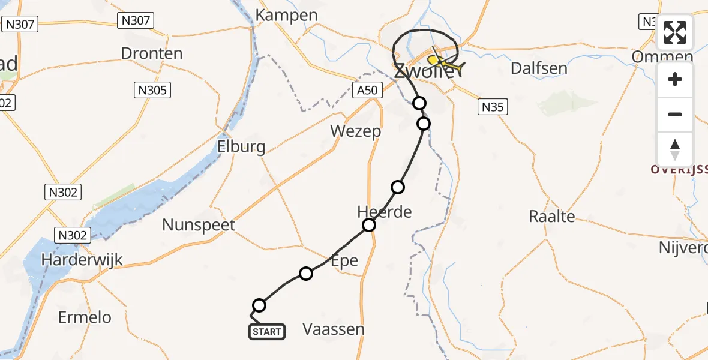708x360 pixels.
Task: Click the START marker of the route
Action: tap(267, 332)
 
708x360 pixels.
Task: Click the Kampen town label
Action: tap(286, 15)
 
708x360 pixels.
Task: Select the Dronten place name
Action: tap(152, 53)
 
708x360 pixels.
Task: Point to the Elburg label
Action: tap(242, 147)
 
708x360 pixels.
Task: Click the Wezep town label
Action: tap(356, 131)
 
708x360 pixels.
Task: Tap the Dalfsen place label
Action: tap(539, 68)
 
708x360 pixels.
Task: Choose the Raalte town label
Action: tap(552, 217)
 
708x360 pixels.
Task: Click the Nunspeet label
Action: tap(199, 226)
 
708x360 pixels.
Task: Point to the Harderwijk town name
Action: tap(82, 260)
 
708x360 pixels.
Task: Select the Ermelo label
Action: tap(85, 317)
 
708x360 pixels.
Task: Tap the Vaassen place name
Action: tap(334, 329)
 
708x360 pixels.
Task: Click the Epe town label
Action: tap(344, 260)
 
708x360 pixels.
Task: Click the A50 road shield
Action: tap(366, 91)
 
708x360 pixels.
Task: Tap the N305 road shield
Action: tap(152, 91)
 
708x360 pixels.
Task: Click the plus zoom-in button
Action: tap(675, 80)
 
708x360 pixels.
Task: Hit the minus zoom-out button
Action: tap(675, 114)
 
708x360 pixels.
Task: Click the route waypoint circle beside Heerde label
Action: tap(369, 225)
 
